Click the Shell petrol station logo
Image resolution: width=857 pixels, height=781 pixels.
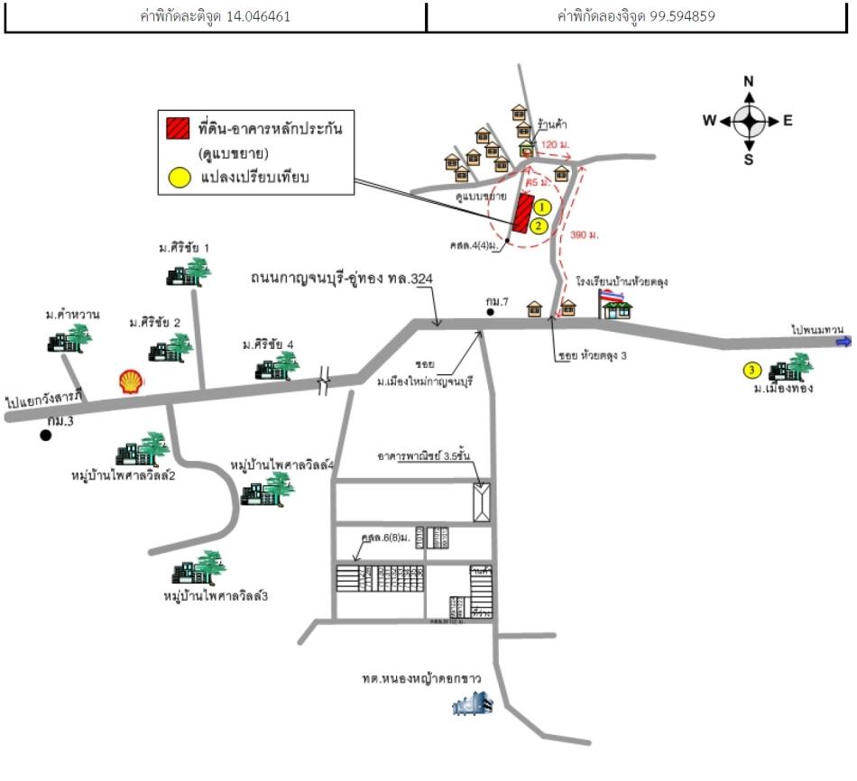pyautogui.click(x=130, y=381)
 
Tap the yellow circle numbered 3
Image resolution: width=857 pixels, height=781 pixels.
pyautogui.click(x=751, y=370)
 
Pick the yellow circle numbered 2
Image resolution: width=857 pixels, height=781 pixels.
pyautogui.click(x=538, y=225)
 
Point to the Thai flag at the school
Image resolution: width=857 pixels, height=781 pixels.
pyautogui.click(x=611, y=295)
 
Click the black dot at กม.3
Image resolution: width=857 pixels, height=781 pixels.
pyautogui.click(x=45, y=436)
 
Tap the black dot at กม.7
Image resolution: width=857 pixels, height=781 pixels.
pyautogui.click(x=490, y=312)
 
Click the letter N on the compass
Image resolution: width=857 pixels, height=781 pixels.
pyautogui.click(x=748, y=82)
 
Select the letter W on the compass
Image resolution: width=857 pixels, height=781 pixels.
pyautogui.click(x=710, y=121)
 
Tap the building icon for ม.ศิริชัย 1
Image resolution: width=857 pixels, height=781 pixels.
pyautogui.click(x=194, y=271)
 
